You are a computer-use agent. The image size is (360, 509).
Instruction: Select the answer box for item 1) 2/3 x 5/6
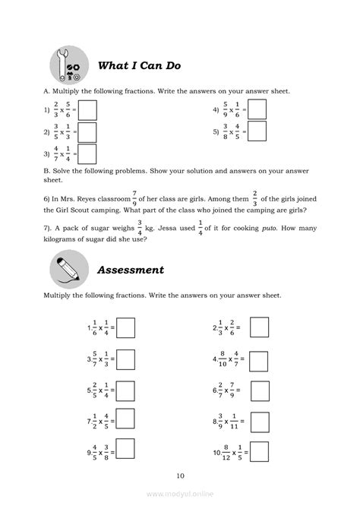click(87, 110)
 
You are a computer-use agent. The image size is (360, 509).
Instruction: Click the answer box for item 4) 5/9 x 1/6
click(257, 110)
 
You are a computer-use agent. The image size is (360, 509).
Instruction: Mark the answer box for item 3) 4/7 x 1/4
click(87, 154)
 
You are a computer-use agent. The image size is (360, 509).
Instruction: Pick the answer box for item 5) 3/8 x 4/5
click(257, 132)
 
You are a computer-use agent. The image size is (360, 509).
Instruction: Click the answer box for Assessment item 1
click(125, 328)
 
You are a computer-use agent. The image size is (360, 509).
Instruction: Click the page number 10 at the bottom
click(179, 476)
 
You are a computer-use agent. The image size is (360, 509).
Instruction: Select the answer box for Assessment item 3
click(125, 360)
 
